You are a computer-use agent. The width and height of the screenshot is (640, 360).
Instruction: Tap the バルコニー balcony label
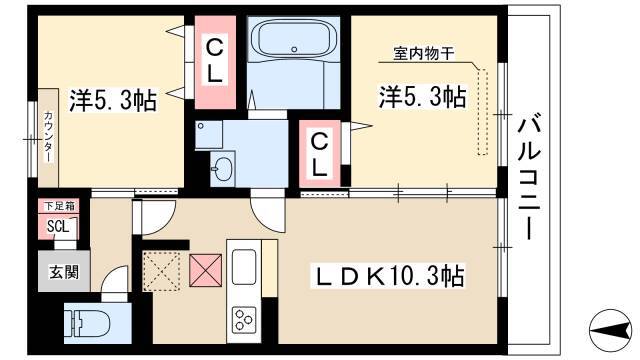(529, 178)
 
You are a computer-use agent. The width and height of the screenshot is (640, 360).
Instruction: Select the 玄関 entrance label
(64, 271)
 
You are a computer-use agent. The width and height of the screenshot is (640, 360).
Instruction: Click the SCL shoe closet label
(58, 226)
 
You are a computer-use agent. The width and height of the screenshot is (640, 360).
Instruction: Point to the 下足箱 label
(58, 206)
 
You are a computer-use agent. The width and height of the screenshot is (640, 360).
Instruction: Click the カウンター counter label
(49, 136)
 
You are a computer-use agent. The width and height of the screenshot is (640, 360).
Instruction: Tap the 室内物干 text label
(424, 53)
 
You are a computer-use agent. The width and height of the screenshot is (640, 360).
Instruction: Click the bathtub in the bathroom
(293, 39)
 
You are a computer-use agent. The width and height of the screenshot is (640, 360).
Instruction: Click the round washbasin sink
(222, 169)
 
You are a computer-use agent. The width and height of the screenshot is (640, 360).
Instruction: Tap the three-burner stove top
(244, 318)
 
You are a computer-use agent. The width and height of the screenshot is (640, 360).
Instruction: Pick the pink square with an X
(206, 270)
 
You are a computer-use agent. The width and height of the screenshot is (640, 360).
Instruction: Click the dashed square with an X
(161, 271)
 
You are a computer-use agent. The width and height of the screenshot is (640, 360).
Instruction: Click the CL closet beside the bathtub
(215, 62)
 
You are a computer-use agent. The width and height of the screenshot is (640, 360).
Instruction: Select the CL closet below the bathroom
(320, 153)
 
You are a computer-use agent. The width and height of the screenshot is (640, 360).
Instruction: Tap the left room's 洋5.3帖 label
(113, 100)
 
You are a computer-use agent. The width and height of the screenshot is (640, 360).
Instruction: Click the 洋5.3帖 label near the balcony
(423, 97)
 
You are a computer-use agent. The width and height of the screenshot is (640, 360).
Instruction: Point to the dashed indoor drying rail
(482, 112)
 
